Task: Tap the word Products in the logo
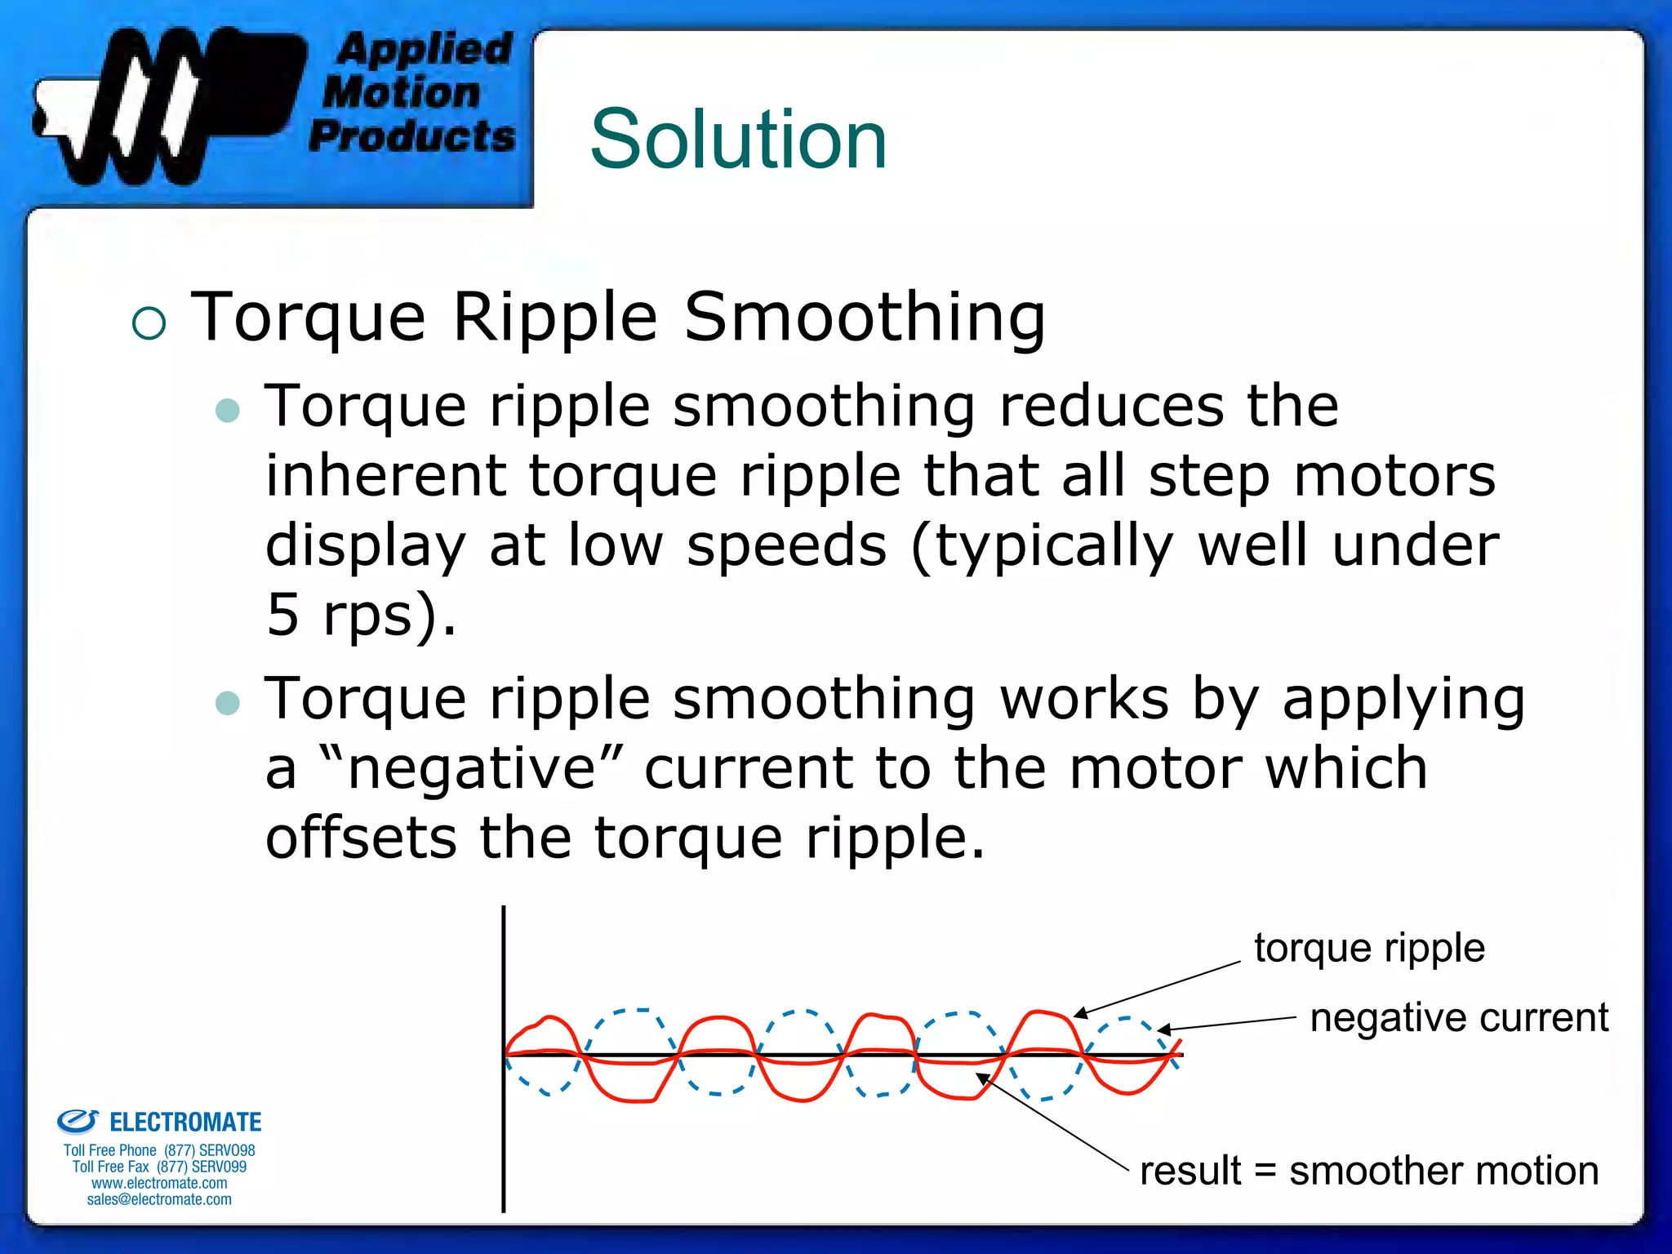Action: pyautogui.click(x=412, y=136)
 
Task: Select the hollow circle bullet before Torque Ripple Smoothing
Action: pyautogui.click(x=149, y=323)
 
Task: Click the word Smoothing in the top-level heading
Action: pyautogui.click(x=865, y=317)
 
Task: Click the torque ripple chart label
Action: pyautogui.click(x=1369, y=948)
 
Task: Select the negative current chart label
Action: pyautogui.click(x=1459, y=1018)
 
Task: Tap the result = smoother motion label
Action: pyautogui.click(x=1369, y=1171)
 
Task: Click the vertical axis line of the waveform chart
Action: pyautogui.click(x=504, y=1143)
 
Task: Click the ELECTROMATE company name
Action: pyautogui.click(x=185, y=1123)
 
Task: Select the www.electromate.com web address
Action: pyautogui.click(x=159, y=1183)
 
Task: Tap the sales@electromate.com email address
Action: pyautogui.click(x=159, y=1199)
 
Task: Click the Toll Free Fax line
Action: pyautogui.click(x=159, y=1167)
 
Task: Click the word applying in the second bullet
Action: pyautogui.click(x=1403, y=699)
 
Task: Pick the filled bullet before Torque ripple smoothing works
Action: pyautogui.click(x=228, y=703)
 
